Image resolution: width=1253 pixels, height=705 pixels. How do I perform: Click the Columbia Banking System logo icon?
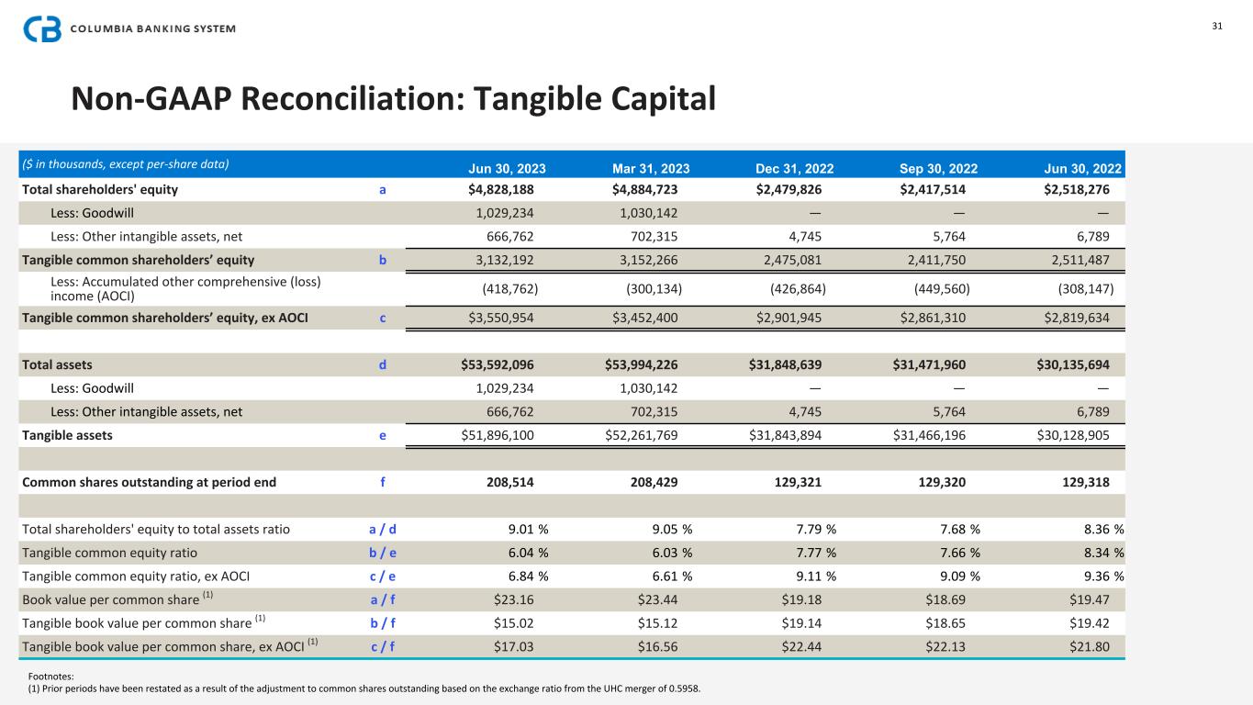41,28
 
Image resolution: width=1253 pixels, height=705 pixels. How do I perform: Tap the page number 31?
1217,26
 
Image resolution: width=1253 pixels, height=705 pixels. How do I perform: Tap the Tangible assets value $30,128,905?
1073,435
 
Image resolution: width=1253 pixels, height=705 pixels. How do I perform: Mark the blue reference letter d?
383,364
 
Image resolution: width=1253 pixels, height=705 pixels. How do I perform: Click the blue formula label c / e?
382,576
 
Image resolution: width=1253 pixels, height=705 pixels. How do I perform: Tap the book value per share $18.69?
945,599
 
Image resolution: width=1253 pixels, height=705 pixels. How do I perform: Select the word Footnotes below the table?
51,677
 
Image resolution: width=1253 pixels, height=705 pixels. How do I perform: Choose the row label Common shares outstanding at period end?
149,482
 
